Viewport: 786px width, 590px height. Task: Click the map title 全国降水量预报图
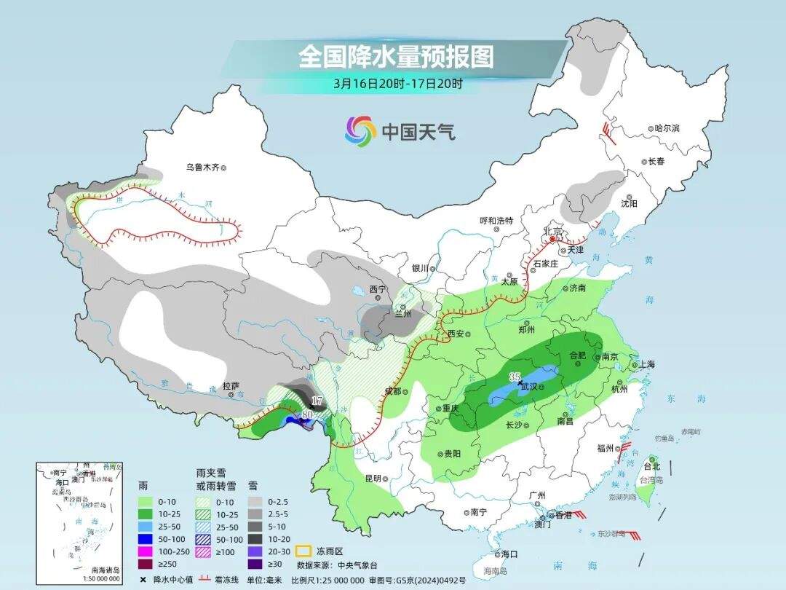396,56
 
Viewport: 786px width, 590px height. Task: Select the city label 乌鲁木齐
201,168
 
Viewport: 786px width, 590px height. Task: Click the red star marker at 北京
553,238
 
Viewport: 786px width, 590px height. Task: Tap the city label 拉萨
231,385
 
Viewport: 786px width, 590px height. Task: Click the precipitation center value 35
515,377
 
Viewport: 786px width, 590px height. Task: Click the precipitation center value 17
317,401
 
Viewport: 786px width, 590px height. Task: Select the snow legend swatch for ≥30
255,564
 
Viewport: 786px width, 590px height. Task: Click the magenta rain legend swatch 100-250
146,551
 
